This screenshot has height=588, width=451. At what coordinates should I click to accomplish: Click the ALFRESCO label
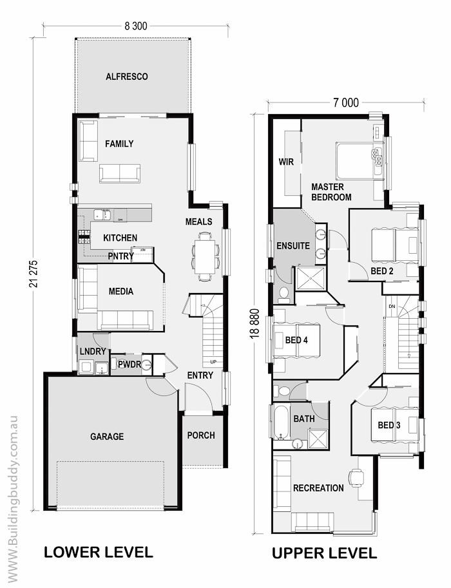click(126, 77)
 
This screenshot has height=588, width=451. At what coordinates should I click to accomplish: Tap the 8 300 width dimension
click(136, 26)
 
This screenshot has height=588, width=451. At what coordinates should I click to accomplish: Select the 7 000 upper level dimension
click(346, 102)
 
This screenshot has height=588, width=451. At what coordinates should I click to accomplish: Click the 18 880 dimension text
click(255, 323)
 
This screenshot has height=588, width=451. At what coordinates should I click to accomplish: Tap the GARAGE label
click(107, 437)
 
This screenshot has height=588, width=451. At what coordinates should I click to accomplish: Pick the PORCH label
click(201, 435)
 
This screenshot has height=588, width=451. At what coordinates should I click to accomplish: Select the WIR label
click(286, 162)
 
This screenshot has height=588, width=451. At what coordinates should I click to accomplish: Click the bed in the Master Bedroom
click(360, 160)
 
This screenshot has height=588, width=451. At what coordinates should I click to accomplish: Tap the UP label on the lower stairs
click(213, 362)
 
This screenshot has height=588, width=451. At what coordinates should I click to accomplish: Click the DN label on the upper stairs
click(392, 307)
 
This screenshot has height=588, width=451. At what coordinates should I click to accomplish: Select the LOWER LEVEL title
click(99, 553)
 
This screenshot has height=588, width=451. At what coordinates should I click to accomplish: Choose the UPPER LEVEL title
click(324, 553)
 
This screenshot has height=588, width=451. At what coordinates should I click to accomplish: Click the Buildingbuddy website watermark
click(12, 500)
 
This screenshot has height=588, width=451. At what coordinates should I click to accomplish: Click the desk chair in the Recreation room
click(356, 477)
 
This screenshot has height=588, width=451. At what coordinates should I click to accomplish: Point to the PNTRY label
click(120, 256)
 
